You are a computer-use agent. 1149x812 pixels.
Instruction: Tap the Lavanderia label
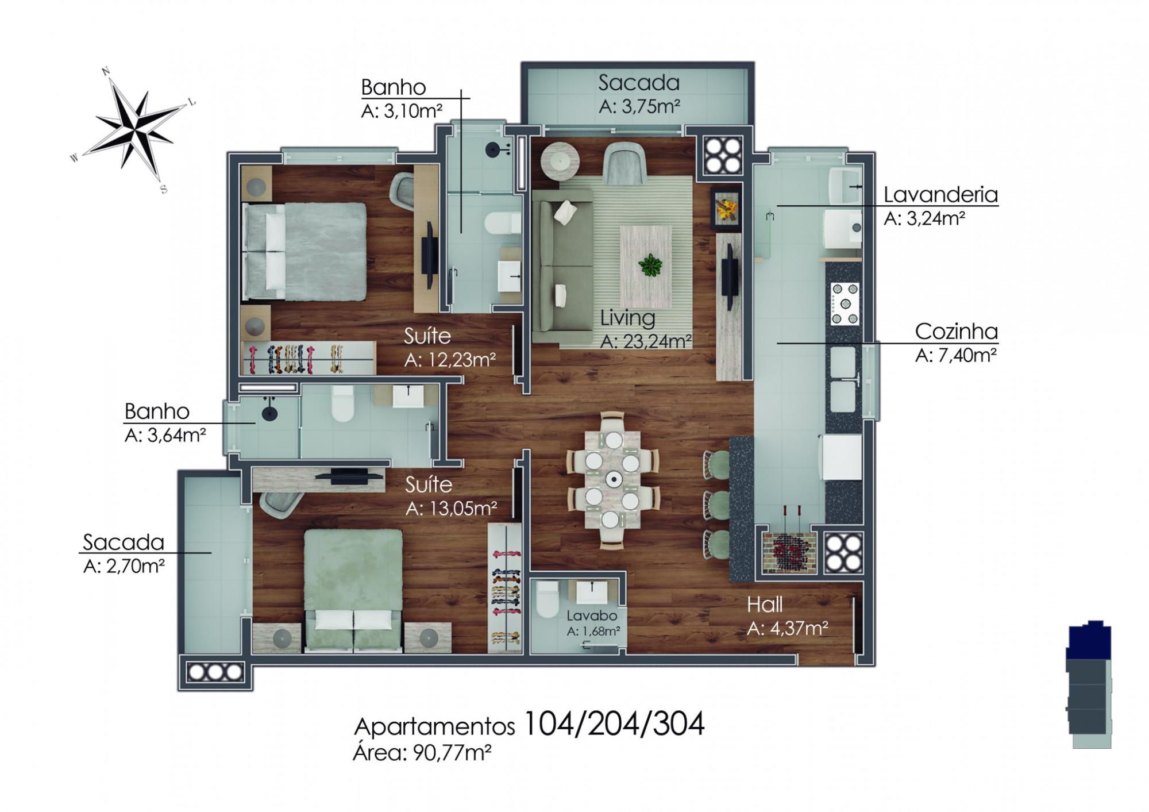[940, 195]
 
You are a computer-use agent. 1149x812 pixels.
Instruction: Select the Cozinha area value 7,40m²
[955, 356]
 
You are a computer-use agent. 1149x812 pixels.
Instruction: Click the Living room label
[628, 318]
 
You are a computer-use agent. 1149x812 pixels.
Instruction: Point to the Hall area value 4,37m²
[787, 629]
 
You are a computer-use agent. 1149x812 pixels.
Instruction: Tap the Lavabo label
[592, 615]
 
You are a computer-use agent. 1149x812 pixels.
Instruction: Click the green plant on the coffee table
[650, 265]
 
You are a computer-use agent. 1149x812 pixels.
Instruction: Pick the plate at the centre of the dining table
[614, 479]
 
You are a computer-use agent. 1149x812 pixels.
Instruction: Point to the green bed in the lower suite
[353, 590]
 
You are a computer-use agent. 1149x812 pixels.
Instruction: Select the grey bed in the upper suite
[305, 251]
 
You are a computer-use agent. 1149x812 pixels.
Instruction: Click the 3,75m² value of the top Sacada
[639, 107]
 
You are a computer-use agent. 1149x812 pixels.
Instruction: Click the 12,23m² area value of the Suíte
[450, 359]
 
